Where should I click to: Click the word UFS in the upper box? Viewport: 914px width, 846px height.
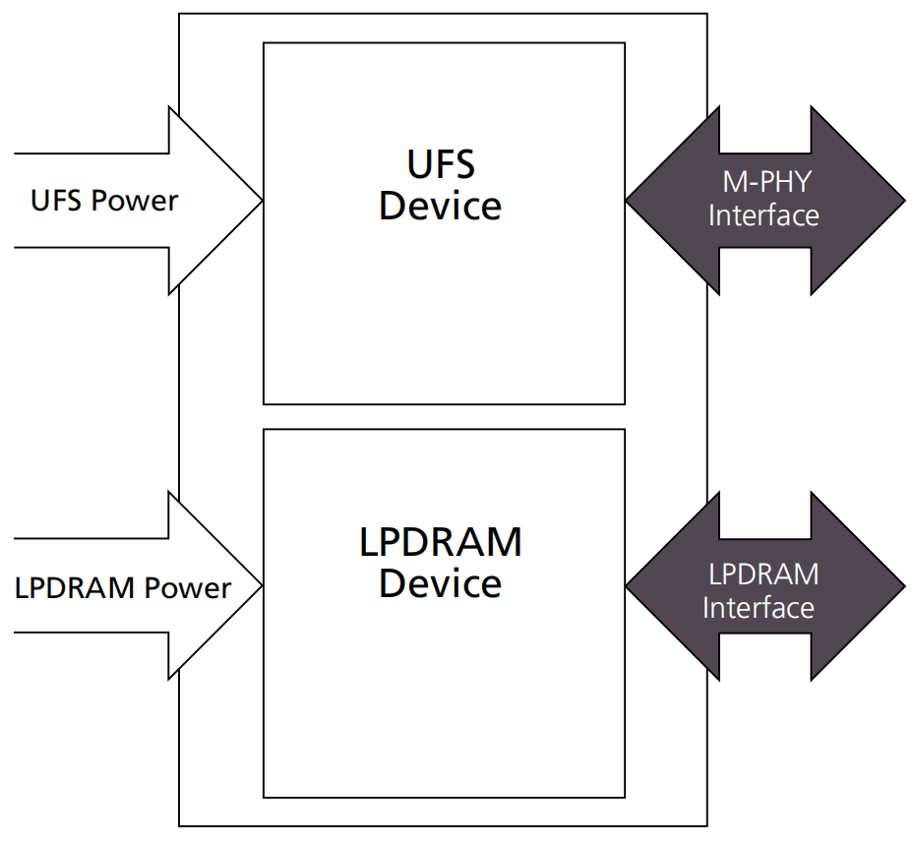441,163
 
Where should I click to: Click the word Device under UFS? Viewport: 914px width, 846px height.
441,207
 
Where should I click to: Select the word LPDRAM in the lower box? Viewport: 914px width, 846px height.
441,542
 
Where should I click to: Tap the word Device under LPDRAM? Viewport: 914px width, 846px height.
441,584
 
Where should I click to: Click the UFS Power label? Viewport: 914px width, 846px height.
104,201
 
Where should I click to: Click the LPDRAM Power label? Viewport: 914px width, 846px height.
123,588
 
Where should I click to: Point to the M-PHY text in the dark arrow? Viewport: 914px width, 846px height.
763,182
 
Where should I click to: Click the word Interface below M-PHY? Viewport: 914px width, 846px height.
763,214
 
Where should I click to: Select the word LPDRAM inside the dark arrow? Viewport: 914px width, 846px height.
763,573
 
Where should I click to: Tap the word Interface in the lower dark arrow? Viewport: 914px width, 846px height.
759,607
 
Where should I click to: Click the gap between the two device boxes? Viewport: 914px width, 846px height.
444,417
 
